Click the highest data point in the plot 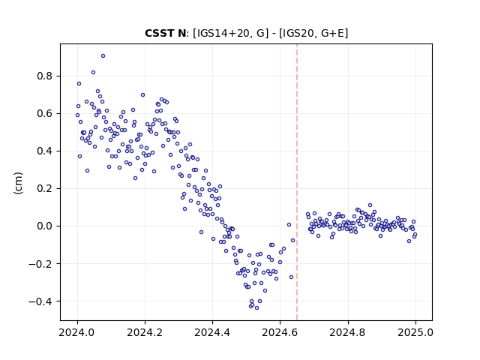click(103, 56)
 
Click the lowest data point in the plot click(256, 308)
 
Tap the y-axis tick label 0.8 click(45, 76)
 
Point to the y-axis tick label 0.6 click(45, 113)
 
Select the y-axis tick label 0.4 click(45, 151)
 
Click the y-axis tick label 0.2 click(45, 188)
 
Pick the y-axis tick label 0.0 click(45, 226)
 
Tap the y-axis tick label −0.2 click(41, 264)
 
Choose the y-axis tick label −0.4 click(41, 301)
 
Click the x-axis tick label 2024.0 click(77, 332)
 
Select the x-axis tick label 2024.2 click(145, 332)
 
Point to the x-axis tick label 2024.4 click(212, 332)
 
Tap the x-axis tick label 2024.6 click(280, 332)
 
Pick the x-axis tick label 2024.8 click(348, 332)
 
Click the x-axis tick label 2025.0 click(415, 332)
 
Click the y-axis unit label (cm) click(18, 183)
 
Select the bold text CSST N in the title click(165, 33)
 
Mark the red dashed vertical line click(297, 182)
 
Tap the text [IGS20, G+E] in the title click(313, 33)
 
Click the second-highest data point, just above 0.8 click(93, 73)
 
